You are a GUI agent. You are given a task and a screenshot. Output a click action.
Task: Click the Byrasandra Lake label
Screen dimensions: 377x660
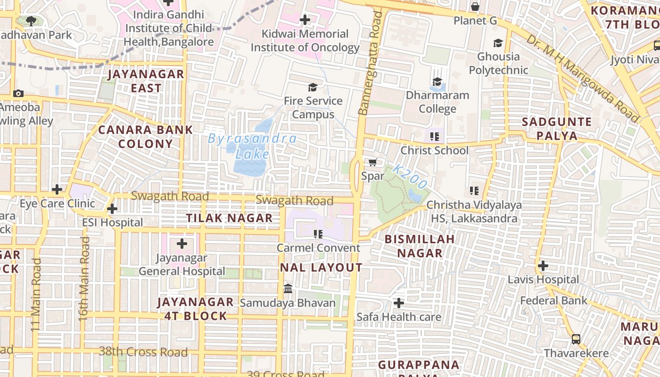point(253,146)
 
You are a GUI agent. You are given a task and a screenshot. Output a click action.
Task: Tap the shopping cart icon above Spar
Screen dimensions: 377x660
point(372,162)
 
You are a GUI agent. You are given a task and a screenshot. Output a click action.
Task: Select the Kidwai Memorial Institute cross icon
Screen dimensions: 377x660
point(305,20)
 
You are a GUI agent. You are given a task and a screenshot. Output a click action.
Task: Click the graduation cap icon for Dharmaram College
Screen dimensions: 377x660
point(437,82)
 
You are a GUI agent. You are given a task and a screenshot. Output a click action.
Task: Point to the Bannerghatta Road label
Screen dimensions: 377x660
point(370,64)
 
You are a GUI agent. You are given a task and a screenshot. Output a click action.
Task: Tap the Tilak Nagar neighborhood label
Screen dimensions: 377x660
point(229,218)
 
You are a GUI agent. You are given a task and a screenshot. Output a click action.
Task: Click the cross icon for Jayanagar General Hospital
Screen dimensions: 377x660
point(181,244)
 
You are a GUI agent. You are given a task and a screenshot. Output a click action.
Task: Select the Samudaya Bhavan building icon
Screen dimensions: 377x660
point(288,288)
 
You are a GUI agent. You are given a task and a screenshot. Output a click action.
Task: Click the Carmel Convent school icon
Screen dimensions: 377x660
point(318,234)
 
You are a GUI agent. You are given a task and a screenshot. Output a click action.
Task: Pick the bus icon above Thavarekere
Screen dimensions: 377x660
point(576,339)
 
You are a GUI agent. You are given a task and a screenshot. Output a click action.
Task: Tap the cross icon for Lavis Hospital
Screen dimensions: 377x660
point(543,266)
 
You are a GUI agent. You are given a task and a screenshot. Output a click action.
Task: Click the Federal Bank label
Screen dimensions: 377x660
point(553,301)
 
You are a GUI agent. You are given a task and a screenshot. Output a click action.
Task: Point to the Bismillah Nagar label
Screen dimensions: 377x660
point(420,246)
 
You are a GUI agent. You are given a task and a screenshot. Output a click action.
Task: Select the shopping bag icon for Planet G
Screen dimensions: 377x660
point(475,7)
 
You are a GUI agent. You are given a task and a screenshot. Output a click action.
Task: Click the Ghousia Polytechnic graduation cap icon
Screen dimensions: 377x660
point(498,43)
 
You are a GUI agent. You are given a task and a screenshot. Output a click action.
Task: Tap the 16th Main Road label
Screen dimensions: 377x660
point(84,279)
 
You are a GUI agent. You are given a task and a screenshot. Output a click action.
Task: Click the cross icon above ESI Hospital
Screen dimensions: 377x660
point(112,209)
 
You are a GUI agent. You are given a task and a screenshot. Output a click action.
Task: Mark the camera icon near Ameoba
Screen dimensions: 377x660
point(18,93)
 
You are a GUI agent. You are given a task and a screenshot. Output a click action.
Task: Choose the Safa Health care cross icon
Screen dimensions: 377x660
point(399,303)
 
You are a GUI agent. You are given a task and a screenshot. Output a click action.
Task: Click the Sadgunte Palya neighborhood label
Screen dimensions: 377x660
point(556,129)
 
